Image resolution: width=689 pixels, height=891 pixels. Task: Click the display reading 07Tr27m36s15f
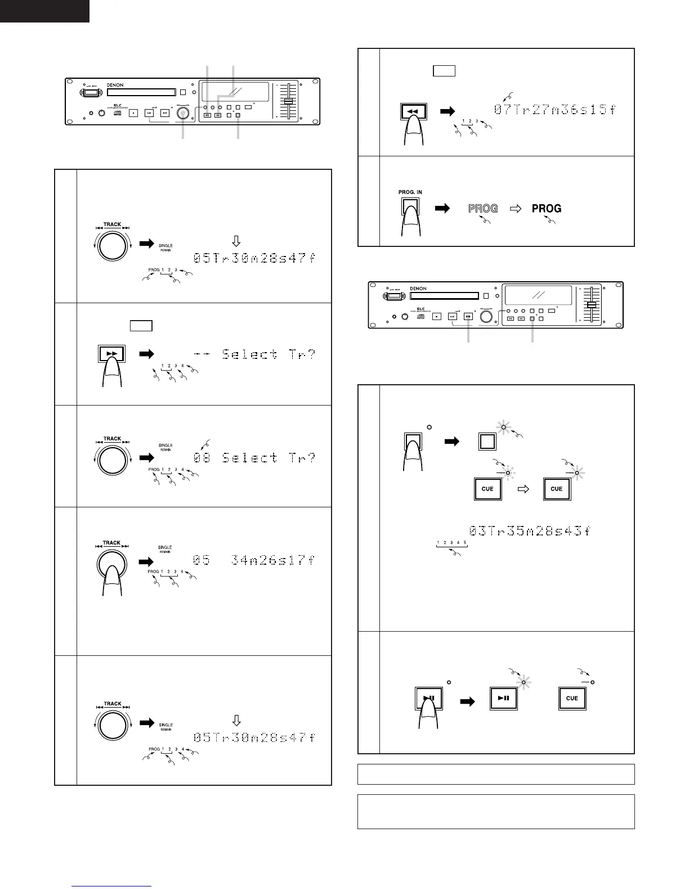[x=554, y=110]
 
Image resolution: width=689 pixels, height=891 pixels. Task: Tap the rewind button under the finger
[x=413, y=111]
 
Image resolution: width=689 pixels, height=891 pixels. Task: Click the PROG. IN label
[x=410, y=192]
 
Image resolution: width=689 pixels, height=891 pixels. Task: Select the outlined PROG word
[x=483, y=209]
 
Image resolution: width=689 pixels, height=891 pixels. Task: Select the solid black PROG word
[x=547, y=209]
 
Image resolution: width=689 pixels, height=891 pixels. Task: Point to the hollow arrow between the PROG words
[x=516, y=209]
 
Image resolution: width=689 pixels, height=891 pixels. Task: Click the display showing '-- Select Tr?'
[x=254, y=354]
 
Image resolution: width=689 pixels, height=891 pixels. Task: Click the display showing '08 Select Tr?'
[x=254, y=458]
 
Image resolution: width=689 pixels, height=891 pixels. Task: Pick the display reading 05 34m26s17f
[x=254, y=560]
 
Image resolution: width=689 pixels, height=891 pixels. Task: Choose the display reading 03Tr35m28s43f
[x=529, y=530]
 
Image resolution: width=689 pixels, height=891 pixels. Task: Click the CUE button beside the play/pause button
[x=572, y=698]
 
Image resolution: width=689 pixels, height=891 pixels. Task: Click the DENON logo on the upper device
[x=115, y=85]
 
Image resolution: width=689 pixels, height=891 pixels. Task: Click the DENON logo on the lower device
[x=418, y=289]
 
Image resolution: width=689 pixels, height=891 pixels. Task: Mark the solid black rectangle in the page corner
[x=44, y=11]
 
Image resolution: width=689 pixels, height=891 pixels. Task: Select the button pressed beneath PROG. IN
[x=410, y=208]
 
